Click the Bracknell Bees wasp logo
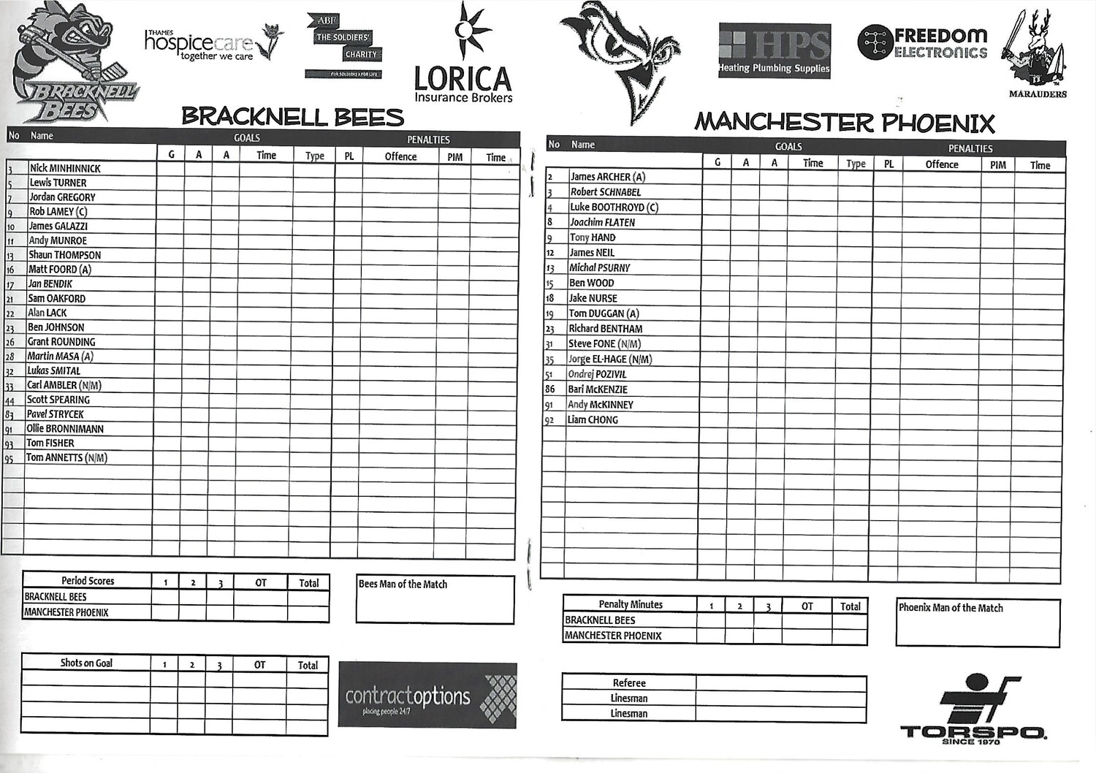coord(73,62)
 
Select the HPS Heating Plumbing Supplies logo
coord(775,50)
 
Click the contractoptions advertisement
coord(427,696)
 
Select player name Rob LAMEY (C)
coord(58,211)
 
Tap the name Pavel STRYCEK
coord(56,414)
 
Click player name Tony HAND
coord(593,237)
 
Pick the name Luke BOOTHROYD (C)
coord(614,207)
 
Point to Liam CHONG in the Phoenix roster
coord(593,420)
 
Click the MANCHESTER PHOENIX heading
coord(845,122)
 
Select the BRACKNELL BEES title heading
coord(292,116)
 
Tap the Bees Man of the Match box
coord(435,599)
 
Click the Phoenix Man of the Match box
coord(978,622)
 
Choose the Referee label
coord(629,683)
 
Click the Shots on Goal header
coord(86,663)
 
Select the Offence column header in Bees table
coord(400,156)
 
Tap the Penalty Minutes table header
coord(631,604)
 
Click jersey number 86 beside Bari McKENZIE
coord(550,389)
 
